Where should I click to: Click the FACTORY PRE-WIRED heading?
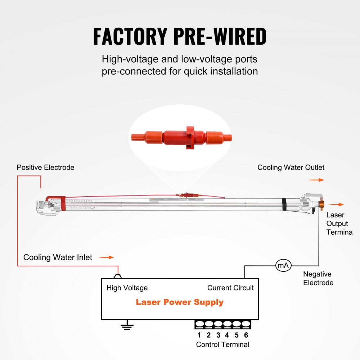pyautogui.click(x=180, y=36)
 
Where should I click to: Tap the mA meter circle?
pyautogui.click(x=283, y=266)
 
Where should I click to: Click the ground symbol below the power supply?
pyautogui.click(x=127, y=326)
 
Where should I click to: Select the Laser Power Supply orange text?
pyautogui.click(x=180, y=302)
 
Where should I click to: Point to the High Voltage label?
pyautogui.click(x=127, y=288)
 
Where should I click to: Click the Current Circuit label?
pyautogui.click(x=230, y=288)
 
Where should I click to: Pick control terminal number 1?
pyautogui.click(x=199, y=335)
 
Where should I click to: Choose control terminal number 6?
pyautogui.click(x=246, y=335)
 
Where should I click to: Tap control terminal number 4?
pyautogui.click(x=227, y=335)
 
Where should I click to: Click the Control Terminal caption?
pyautogui.click(x=222, y=345)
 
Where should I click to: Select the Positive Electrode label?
pyautogui.click(x=45, y=167)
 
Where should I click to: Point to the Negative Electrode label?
pyautogui.click(x=318, y=278)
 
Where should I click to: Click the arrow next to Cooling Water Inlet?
pyautogui.click(x=106, y=257)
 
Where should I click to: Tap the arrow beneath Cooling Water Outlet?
pyautogui.click(x=316, y=180)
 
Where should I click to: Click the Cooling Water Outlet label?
pyautogui.click(x=291, y=167)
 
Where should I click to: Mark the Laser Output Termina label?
pyautogui.click(x=339, y=224)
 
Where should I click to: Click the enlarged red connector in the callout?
pyautogui.click(x=182, y=137)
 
